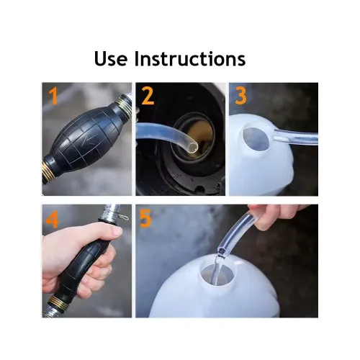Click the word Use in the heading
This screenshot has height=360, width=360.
[x=111, y=58]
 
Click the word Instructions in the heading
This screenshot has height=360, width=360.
[x=190, y=58]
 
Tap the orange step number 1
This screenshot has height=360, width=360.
[x=54, y=96]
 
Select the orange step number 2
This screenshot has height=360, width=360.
[x=148, y=96]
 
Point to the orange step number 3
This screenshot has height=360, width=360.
[x=240, y=96]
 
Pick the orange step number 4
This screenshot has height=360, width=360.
[x=52, y=219]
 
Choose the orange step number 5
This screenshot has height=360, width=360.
[x=145, y=218]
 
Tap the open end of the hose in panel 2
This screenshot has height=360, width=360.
[x=192, y=147]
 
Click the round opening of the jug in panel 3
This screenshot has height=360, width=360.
[x=256, y=139]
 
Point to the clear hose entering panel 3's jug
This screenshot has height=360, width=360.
[x=296, y=138]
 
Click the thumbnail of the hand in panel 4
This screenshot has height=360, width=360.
[x=117, y=231]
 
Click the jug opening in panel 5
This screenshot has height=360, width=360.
[x=217, y=274]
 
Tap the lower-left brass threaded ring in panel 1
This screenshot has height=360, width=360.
[x=47, y=171]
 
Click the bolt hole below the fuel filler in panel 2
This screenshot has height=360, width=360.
[x=199, y=189]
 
